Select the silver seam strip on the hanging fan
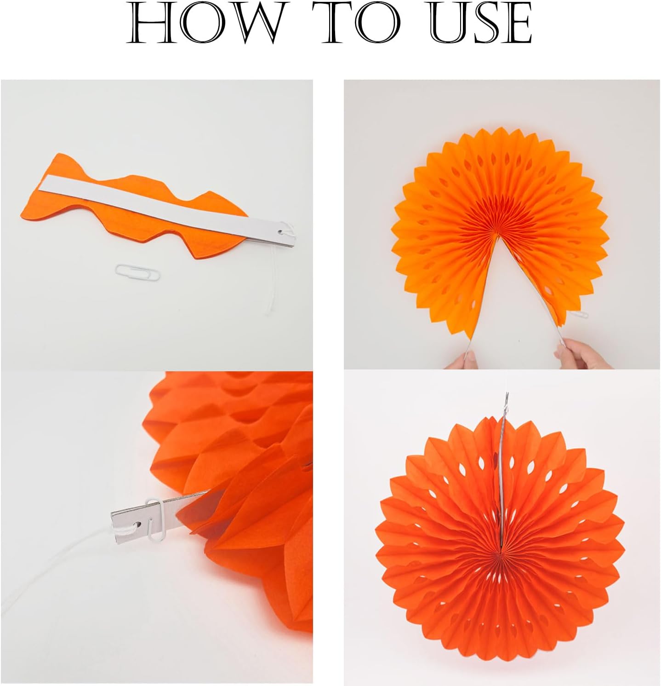click(503, 465)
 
